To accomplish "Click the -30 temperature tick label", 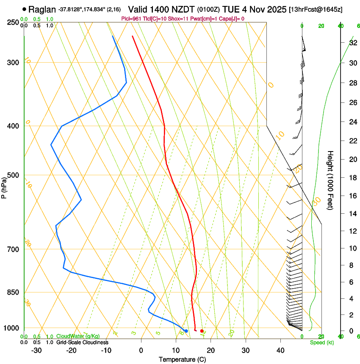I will pyautogui.click(x=36, y=350).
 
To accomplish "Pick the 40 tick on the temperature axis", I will pyautogui.click(x=280, y=350).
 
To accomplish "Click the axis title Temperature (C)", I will pyautogui.click(x=182, y=359).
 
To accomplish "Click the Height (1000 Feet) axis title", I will pyautogui.click(x=331, y=180).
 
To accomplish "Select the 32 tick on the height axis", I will pyautogui.click(x=352, y=43).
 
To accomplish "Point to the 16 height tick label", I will pyautogui.click(x=352, y=196).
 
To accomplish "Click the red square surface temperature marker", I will pyautogui.click(x=202, y=331).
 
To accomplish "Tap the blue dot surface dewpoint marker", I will pyautogui.click(x=186, y=331).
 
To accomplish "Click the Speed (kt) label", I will pyautogui.click(x=322, y=342).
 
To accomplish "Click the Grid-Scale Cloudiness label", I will pyautogui.click(x=82, y=342).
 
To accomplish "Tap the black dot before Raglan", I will pyautogui.click(x=24, y=9).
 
